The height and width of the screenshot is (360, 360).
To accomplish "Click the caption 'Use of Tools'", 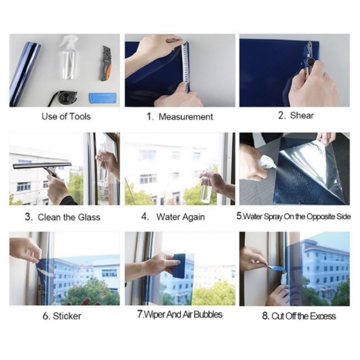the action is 66,117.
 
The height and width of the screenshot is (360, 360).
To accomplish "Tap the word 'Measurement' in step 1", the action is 186,117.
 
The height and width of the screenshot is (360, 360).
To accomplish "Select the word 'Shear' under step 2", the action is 301,115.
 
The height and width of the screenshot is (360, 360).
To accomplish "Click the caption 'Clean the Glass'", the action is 69,217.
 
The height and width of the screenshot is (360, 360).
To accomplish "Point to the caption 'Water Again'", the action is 180,217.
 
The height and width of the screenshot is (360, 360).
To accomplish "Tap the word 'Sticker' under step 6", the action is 67,316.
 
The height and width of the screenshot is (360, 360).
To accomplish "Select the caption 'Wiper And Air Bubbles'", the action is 183,315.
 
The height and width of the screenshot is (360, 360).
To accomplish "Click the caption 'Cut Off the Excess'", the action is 304,316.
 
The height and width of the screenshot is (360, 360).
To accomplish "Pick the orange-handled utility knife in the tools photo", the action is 105,63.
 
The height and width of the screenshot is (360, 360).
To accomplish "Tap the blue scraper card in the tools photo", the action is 102,98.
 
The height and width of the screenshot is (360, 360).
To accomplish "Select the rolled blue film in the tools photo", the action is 24,73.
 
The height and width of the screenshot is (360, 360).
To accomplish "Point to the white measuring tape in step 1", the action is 185,66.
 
